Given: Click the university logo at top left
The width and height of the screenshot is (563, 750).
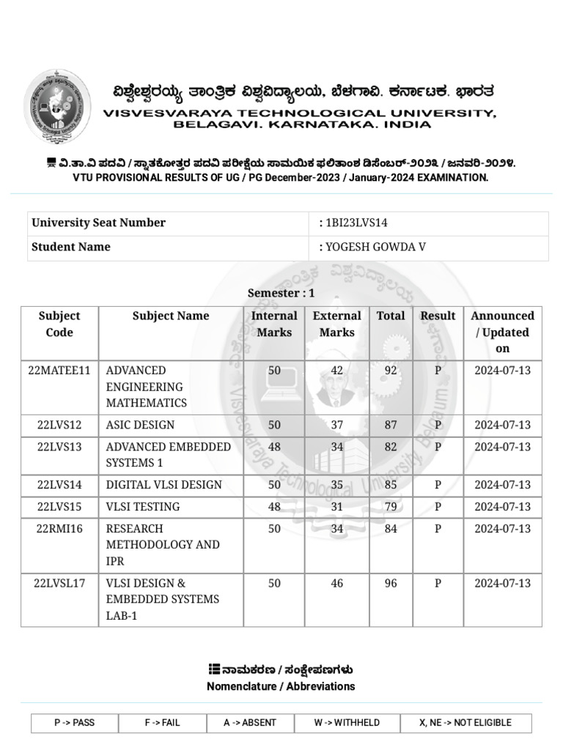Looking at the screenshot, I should pyautogui.click(x=58, y=107).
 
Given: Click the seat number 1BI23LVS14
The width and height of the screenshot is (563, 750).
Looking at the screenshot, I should pyautogui.click(x=356, y=223).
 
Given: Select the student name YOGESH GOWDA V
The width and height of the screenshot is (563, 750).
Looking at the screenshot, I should pyautogui.click(x=375, y=247).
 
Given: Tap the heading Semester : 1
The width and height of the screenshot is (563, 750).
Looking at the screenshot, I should pyautogui.click(x=281, y=293).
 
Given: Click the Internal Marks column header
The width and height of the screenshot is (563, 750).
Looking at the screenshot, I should pyautogui.click(x=274, y=324).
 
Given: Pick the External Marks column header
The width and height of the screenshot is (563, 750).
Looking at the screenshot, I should pyautogui.click(x=336, y=324).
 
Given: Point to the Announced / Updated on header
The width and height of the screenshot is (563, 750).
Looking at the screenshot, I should pyautogui.click(x=502, y=332).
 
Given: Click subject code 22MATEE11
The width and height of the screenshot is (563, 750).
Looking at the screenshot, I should pyautogui.click(x=59, y=371).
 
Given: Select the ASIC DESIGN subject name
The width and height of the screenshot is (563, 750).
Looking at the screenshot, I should pyautogui.click(x=141, y=425).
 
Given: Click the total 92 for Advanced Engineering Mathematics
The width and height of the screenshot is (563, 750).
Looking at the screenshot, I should pyautogui.click(x=391, y=371).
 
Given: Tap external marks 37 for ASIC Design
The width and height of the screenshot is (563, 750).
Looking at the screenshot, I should pyautogui.click(x=336, y=425).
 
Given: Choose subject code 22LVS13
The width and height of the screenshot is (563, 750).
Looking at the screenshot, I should pyautogui.click(x=59, y=447).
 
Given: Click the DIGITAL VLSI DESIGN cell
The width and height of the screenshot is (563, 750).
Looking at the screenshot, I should pyautogui.click(x=163, y=485).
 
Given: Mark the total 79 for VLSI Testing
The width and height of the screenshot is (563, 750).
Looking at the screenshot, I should pyautogui.click(x=391, y=507).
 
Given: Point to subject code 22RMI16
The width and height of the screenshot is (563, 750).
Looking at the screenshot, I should pyautogui.click(x=59, y=529).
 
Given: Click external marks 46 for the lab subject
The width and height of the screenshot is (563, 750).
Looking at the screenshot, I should pyautogui.click(x=336, y=583).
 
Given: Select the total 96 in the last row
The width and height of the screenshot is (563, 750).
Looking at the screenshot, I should pyautogui.click(x=391, y=583).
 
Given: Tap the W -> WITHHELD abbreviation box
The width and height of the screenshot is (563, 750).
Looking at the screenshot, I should pyautogui.click(x=347, y=723).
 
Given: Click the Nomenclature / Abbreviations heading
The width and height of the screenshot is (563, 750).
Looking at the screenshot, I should pyautogui.click(x=281, y=686).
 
